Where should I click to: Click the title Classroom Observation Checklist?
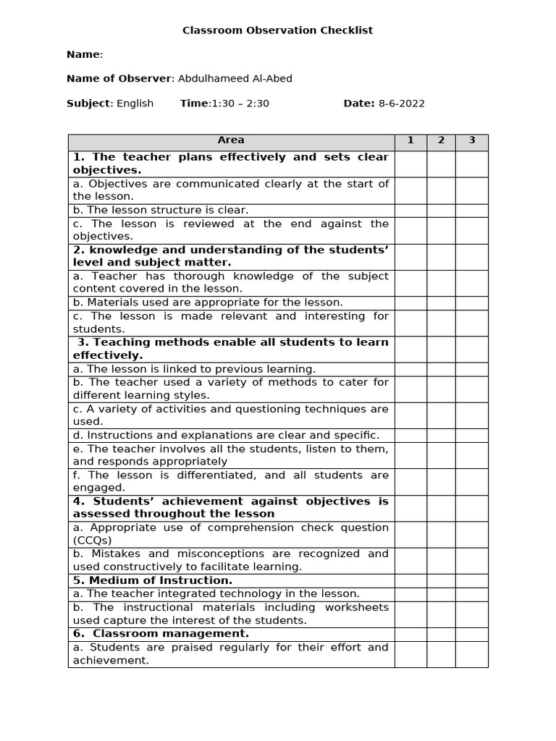pyautogui.click(x=277, y=30)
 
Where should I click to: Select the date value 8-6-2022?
pyautogui.click(x=401, y=103)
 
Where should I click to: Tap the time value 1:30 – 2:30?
pyautogui.click(x=240, y=103)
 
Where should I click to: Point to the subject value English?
pyautogui.click(x=135, y=103)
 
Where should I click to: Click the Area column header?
pyautogui.click(x=231, y=140)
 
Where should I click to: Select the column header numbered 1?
pyautogui.click(x=410, y=140)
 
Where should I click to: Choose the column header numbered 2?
pyautogui.click(x=441, y=140)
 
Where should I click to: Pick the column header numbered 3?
pyautogui.click(x=471, y=140)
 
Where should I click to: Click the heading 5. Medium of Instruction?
pyautogui.click(x=153, y=580)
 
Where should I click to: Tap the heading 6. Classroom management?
pyautogui.click(x=161, y=634)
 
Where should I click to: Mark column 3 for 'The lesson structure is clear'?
pyautogui.click(x=471, y=211)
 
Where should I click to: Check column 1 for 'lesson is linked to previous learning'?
pyautogui.click(x=410, y=369)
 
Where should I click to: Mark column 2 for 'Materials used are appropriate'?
pyautogui.click(x=441, y=302)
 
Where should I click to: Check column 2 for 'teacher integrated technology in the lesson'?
pyautogui.click(x=441, y=594)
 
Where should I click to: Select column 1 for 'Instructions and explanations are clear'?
pyautogui.click(x=410, y=436)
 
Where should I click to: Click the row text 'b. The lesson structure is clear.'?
pyautogui.click(x=160, y=211)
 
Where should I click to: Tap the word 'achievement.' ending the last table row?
pyautogui.click(x=111, y=661)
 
